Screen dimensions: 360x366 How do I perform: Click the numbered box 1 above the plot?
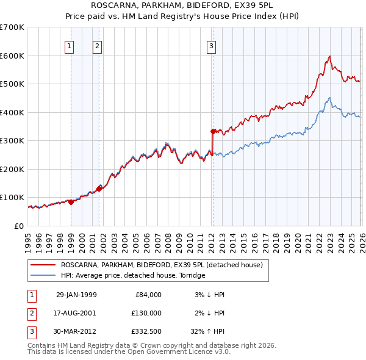point(70,45)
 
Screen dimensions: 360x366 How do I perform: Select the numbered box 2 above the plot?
point(97,45)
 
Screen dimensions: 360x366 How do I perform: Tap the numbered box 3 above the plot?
point(211,45)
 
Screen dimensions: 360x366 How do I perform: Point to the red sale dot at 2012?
point(213,131)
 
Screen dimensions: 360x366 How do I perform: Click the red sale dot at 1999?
point(71,202)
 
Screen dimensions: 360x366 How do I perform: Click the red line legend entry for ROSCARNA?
point(161,265)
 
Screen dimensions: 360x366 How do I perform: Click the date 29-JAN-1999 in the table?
point(76,295)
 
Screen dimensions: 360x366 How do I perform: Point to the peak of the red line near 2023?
point(329,57)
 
